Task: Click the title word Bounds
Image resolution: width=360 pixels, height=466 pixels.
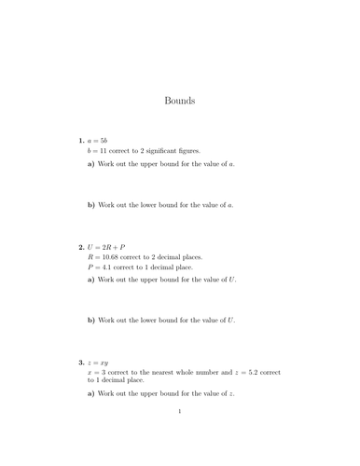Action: point(179,101)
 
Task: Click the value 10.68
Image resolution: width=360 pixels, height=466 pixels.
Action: point(119,256)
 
